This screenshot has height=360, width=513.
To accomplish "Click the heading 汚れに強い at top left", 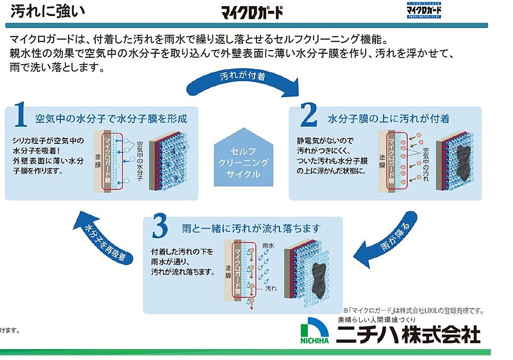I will coord(48,11).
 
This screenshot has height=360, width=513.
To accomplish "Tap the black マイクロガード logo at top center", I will coord(252,12).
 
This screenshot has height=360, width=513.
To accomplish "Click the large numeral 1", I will coord(21,116).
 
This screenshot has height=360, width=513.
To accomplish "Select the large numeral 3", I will coord(159,227).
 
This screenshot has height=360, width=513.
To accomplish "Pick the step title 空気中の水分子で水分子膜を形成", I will coord(111,119).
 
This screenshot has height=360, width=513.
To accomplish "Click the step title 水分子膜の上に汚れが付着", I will coord(388,119).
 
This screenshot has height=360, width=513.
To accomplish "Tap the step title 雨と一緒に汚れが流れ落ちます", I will coord(251,229).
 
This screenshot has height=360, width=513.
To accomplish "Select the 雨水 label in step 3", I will coord(268,246).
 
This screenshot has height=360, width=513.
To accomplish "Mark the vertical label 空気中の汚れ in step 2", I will coord(426,165).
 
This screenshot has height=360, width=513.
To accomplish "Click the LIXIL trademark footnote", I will coord(414,311).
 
